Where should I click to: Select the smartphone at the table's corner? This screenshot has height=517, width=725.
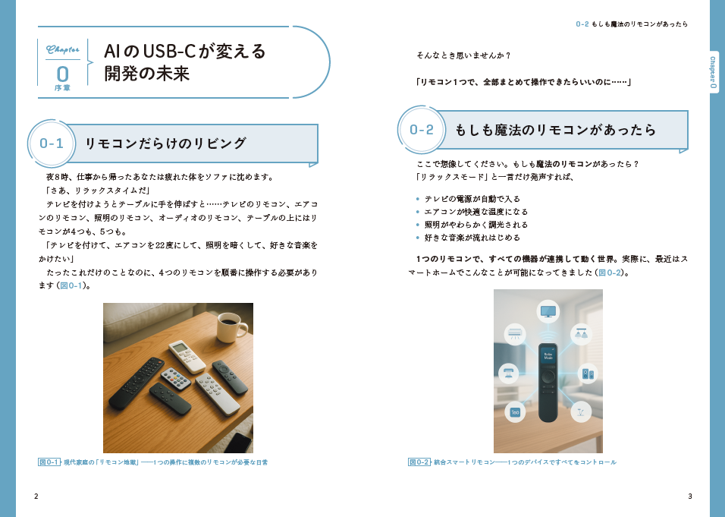[x=239, y=443]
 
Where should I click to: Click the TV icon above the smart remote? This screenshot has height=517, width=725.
[x=548, y=311]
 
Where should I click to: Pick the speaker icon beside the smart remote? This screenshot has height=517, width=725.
[x=588, y=373]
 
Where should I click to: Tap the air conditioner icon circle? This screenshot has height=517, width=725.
[x=515, y=334]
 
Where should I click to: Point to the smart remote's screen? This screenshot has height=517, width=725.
[x=548, y=356]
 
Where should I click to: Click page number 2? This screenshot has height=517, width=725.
[x=36, y=497]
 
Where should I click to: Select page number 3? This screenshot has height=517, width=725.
[x=690, y=497]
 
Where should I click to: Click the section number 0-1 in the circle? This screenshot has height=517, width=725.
[x=52, y=143]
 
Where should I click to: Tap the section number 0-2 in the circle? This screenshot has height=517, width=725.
[x=422, y=130]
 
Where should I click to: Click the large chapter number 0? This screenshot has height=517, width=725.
[x=62, y=74]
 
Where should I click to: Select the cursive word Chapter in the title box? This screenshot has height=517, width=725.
[x=62, y=49]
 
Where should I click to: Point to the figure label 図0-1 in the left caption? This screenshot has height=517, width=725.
[x=49, y=462]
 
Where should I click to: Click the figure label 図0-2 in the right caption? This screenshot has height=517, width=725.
[x=419, y=462]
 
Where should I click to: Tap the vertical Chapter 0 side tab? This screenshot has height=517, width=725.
[x=713, y=72]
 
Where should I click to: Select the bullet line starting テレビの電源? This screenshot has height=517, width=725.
[x=472, y=199]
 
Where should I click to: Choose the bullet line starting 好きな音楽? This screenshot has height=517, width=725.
[x=472, y=238]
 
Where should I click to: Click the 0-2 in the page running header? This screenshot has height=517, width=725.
[x=582, y=24]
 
